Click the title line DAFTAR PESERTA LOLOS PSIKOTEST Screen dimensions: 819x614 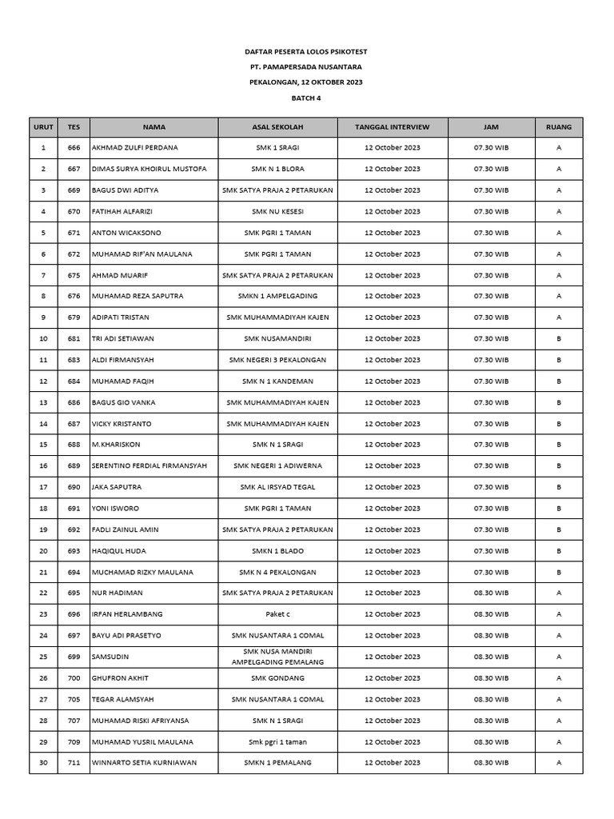coord(306,51)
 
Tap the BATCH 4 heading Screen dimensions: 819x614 coord(306,98)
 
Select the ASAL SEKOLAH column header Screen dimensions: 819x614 coord(277,127)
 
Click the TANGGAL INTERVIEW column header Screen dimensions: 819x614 coord(392,127)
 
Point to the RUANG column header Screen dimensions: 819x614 coord(558,127)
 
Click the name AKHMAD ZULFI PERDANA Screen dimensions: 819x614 coord(135,148)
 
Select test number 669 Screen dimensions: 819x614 coord(74,190)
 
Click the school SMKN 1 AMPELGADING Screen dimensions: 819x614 coord(277,297)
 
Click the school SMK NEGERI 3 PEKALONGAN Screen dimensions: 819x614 coord(277,360)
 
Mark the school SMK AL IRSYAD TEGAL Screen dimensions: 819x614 coord(277,487)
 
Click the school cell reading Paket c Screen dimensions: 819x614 coord(277,614)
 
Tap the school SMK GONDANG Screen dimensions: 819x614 coord(277,678)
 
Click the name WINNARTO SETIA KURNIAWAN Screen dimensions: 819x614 coord(144,763)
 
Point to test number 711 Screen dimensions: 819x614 coord(74,763)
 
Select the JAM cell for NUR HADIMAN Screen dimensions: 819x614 coord(491,593)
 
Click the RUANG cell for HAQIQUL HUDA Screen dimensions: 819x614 coord(558,551)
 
